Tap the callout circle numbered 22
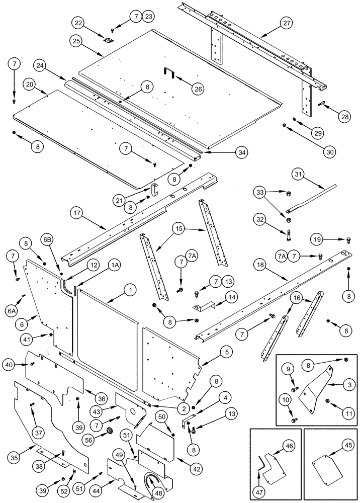[x=78, y=23]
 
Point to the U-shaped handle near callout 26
[x=169, y=73]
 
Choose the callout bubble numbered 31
[x=298, y=174]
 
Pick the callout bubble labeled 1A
[x=115, y=264]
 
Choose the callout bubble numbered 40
[x=9, y=364]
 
